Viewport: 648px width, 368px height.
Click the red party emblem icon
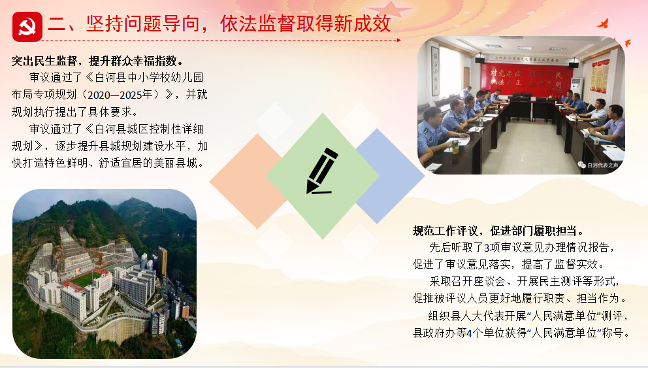tap(27, 27)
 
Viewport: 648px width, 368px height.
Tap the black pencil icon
tap(321, 171)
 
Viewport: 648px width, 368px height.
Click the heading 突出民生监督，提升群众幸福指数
tap(97, 61)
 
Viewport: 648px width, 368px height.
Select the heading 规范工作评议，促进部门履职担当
tap(499, 231)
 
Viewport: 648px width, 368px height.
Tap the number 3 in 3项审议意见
tap(487, 248)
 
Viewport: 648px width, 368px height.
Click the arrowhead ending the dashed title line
tap(399, 40)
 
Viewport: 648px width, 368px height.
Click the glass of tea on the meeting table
tap(455, 146)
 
